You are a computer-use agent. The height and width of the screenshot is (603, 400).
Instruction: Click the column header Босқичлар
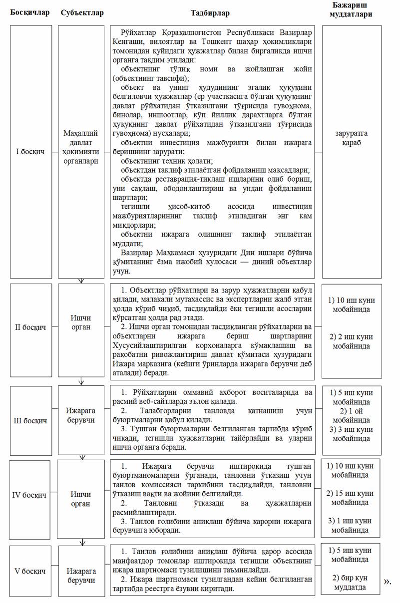tap(30, 12)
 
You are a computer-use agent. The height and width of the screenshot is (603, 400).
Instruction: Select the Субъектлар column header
tap(82, 12)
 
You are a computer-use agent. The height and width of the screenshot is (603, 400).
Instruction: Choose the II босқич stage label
tap(30, 327)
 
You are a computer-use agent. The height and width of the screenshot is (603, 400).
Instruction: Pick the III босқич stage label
tap(30, 420)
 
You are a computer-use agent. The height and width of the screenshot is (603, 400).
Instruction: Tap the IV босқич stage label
tap(30, 495)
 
